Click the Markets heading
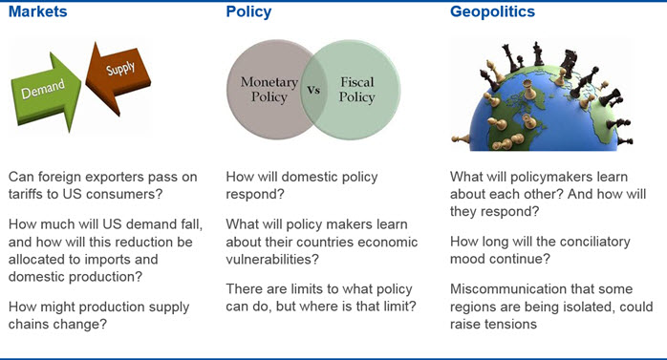pyautogui.click(x=38, y=11)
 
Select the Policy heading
pyautogui.click(x=248, y=11)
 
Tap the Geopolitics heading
pyautogui.click(x=492, y=11)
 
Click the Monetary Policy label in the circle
pyautogui.click(x=269, y=89)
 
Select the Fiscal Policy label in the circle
pyautogui.click(x=356, y=89)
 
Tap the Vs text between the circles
pyautogui.click(x=313, y=90)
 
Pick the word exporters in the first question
pyautogui.click(x=97, y=177)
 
